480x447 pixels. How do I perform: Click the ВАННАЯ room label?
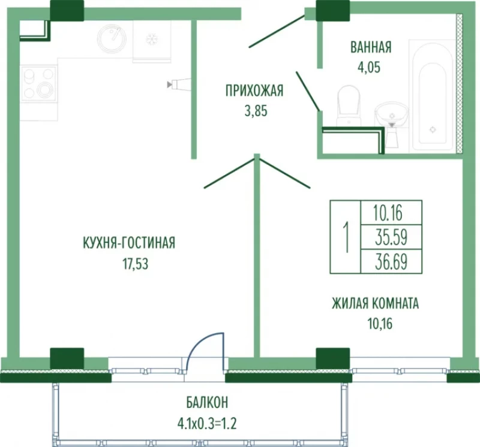click(x=371, y=47)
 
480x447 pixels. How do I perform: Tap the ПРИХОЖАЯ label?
click(x=254, y=91)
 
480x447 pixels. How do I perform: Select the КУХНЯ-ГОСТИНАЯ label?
click(x=129, y=243)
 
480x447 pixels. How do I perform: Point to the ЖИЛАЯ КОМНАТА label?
click(x=376, y=303)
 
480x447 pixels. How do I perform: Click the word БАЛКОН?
click(x=207, y=403)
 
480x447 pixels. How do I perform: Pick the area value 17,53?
click(x=136, y=264)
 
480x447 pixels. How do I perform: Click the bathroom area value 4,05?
click(x=369, y=67)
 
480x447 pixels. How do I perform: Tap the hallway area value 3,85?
click(x=256, y=111)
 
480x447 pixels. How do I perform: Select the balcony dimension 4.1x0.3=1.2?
click(x=207, y=424)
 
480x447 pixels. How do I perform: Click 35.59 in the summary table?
click(x=391, y=237)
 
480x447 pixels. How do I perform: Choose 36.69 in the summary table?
click(x=391, y=262)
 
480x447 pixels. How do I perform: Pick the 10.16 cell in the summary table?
click(x=388, y=213)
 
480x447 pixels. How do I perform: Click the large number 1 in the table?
click(x=346, y=237)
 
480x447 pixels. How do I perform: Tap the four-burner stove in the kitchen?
click(x=39, y=83)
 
